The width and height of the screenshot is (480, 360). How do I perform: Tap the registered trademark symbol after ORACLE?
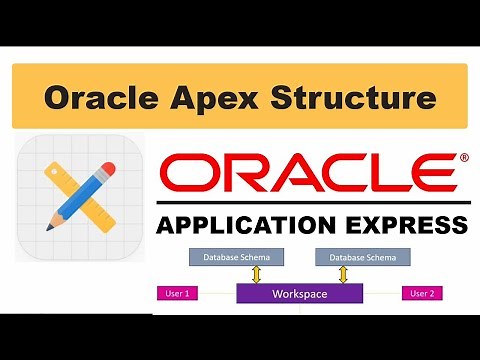point(462,157)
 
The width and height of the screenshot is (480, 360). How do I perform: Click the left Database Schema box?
point(228,257)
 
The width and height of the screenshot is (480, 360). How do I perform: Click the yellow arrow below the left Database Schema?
point(255,274)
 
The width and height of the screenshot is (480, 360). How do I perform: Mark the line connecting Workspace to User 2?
point(379,294)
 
